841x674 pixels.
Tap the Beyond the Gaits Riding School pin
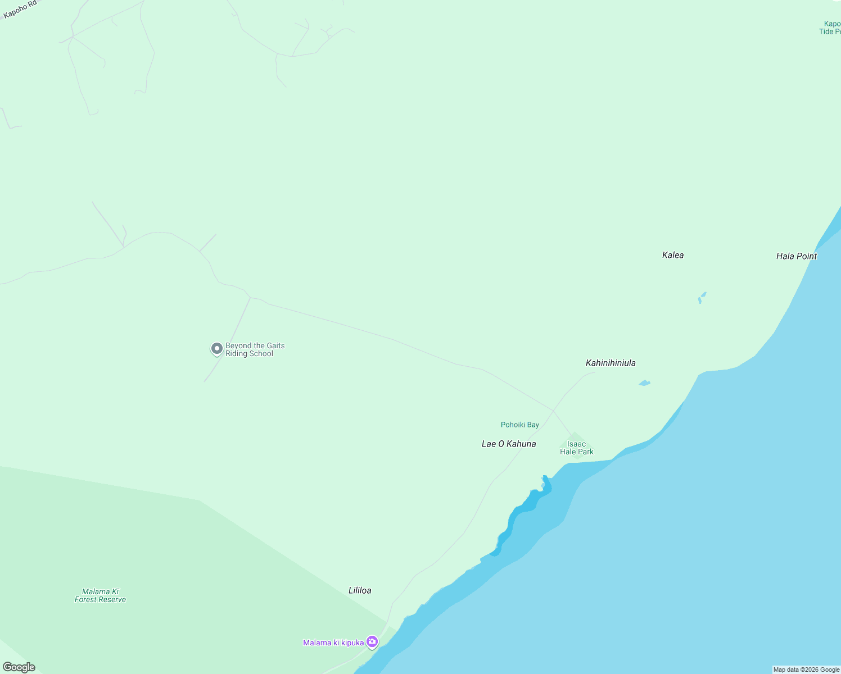216,349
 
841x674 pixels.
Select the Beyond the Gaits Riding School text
255,349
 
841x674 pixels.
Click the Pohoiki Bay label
519,425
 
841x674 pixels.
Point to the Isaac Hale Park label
576,448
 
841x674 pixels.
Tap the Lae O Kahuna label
509,444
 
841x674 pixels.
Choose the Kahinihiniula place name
611,363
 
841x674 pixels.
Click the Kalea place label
673,255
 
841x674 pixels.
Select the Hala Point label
796,256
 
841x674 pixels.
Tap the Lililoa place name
360,590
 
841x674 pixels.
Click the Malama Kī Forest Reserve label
101,595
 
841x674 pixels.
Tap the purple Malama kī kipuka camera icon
372,641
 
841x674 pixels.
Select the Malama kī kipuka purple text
333,643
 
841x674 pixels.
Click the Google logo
19,667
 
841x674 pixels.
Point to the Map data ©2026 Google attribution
806,670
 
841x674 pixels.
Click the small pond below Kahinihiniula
645,383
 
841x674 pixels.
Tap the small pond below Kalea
702,297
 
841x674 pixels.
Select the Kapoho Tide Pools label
830,28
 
